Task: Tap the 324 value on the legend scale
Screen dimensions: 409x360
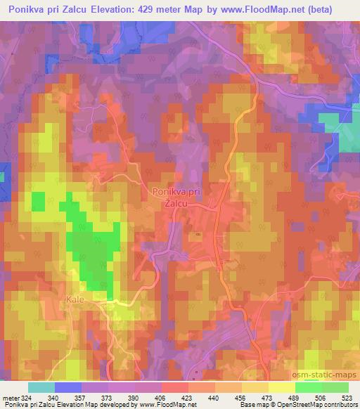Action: pyautogui.click(x=25, y=398)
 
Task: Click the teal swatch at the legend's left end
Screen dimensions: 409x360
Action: pyautogui.click(x=41, y=387)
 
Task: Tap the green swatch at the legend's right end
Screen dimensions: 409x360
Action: pyautogui.click(x=335, y=387)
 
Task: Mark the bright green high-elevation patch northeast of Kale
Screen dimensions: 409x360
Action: pyautogui.click(x=92, y=253)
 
